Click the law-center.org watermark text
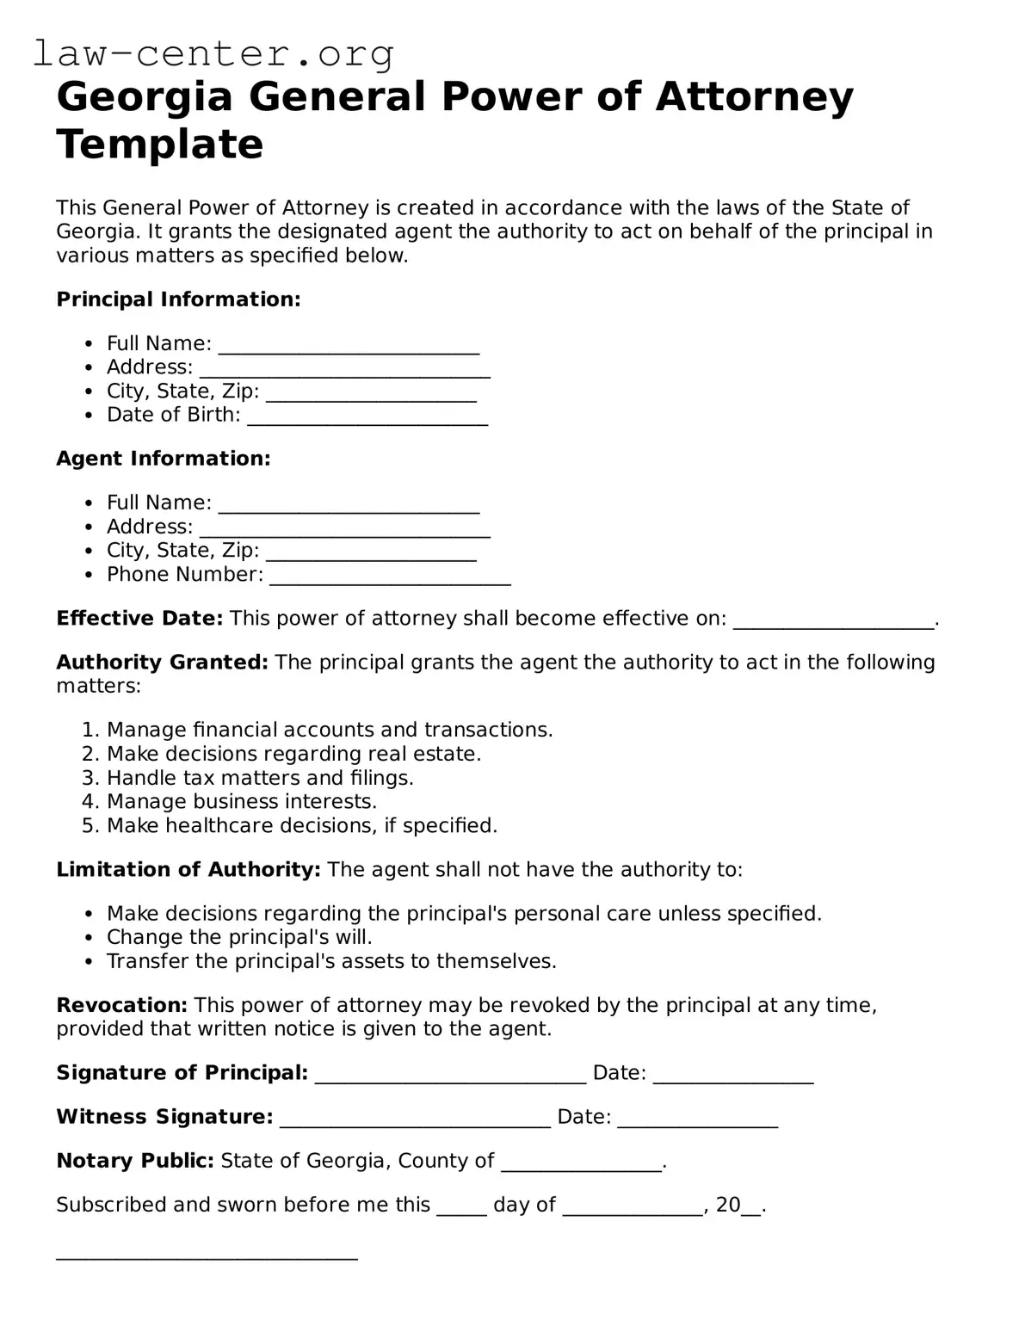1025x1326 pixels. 213,53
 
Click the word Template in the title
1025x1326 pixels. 159,144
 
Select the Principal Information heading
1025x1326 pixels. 178,299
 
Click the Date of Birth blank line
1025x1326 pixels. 367,417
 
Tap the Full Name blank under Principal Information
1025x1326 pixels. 349,346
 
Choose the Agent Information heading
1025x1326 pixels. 164,459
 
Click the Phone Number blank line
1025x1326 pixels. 390,577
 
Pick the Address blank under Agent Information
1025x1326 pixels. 344,529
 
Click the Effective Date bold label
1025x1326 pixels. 139,619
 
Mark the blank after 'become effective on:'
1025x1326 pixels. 832,621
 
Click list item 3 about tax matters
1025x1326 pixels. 260,778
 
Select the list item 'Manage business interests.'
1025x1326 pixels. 241,802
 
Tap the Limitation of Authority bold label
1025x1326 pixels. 188,870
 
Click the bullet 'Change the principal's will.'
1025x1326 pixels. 239,937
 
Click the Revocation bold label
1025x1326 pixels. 121,1005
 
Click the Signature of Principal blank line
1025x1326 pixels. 450,1076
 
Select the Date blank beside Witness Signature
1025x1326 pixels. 697,1119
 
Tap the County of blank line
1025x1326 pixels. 581,1163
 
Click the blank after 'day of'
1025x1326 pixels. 633,1207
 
